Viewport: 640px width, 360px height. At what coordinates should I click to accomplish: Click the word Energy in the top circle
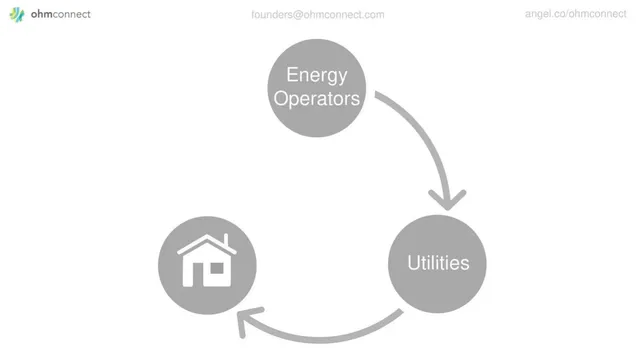pos(317,76)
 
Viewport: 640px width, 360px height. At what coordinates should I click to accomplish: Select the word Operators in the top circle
pos(317,98)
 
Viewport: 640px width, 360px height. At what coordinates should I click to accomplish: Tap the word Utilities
pos(438,263)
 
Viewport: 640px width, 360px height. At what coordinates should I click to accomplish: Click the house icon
pos(207,260)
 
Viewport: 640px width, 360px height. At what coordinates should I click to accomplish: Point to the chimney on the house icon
pos(226,240)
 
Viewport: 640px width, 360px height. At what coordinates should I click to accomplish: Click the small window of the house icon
pos(217,268)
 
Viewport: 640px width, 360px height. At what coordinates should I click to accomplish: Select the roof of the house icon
pos(207,244)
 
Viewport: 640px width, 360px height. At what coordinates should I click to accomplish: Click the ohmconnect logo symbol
pos(17,14)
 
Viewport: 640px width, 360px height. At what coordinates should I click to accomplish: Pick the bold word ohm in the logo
pos(42,14)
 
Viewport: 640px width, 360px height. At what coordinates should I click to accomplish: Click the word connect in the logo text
pos(72,14)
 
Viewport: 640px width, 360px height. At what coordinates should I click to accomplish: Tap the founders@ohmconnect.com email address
pos(318,15)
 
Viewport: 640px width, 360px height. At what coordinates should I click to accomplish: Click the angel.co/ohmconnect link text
pos(576,14)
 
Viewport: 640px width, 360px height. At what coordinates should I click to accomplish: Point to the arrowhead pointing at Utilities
pos(447,200)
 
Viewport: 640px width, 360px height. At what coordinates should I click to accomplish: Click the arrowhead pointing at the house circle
pos(247,321)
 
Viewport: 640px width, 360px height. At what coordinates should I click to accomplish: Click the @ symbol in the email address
pos(298,15)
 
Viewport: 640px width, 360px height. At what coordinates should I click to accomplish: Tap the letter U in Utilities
pos(414,263)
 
